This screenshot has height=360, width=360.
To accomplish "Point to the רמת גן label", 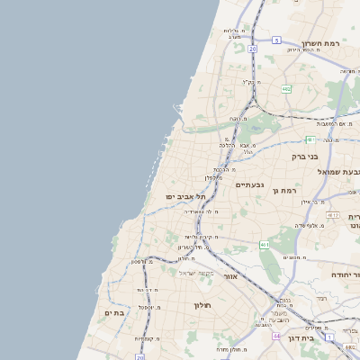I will click(x=289, y=190).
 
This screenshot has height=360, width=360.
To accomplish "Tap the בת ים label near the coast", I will click(x=114, y=312).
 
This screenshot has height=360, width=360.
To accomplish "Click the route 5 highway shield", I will click(x=277, y=40).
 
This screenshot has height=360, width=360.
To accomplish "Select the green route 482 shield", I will click(x=285, y=89).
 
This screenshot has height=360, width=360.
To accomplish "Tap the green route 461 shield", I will click(x=264, y=244).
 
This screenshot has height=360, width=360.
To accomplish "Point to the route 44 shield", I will click(x=276, y=335).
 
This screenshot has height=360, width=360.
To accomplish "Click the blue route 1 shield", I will click(x=330, y=337).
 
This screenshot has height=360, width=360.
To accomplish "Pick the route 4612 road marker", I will click(x=333, y=216).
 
